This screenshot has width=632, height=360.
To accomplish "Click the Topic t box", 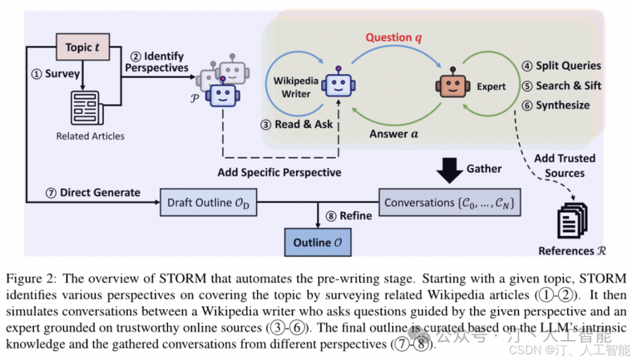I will tap(83, 47).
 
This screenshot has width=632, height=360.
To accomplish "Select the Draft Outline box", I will tap(209, 203).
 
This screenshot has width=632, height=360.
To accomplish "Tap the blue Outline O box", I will tap(318, 242).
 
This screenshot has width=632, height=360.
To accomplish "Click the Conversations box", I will tap(449, 203).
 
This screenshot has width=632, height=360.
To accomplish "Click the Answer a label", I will tap(394, 134).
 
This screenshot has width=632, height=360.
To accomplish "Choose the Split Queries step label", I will tap(561, 66).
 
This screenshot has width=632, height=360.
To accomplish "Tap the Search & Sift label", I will tap(561, 85).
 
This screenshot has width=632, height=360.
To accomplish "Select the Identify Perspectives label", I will tap(156, 62).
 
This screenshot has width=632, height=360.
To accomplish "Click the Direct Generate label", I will tap(94, 192).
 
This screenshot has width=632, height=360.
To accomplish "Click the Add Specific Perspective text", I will tap(279, 173).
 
